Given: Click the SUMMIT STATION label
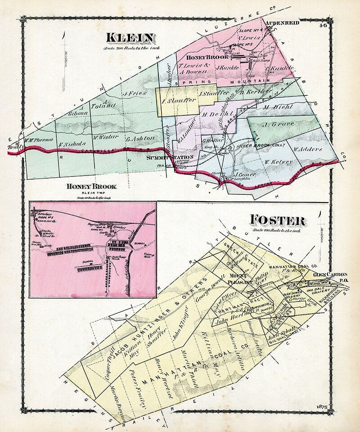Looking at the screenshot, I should (171, 157).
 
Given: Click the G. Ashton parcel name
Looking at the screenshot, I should (140, 138).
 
